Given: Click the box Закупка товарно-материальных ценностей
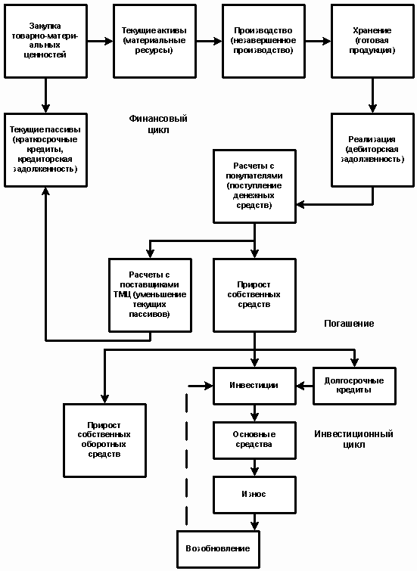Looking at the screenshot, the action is tap(45, 41).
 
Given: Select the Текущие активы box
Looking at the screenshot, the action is tap(154, 41).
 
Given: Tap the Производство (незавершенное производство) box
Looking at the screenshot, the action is tap(263, 41).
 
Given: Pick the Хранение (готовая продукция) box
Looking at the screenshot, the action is tap(372, 41).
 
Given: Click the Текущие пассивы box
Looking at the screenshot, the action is tap(45, 150).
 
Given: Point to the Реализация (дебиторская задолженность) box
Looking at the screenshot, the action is tap(372, 150).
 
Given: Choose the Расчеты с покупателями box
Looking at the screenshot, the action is tap(254, 186).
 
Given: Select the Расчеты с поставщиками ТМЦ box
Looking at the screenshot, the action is tap(150, 295).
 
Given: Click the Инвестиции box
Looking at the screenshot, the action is tap(254, 386).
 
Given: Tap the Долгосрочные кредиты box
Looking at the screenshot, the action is tap(354, 386).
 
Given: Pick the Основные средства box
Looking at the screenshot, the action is tap(254, 440).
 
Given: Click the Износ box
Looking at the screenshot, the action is tap(254, 495).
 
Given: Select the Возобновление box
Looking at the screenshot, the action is tap(218, 549).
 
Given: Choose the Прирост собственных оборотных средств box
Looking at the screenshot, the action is tap(104, 440).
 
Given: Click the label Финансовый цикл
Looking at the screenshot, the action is tap(158, 124).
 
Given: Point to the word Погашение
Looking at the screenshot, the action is tap(349, 324).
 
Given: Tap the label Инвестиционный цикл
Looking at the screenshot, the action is tap(353, 439).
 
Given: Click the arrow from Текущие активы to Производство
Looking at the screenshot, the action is tap(209, 41).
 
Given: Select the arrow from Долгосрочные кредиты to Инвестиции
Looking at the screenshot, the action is tap(304, 386).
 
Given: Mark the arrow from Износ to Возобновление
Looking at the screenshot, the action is tap(254, 522).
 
